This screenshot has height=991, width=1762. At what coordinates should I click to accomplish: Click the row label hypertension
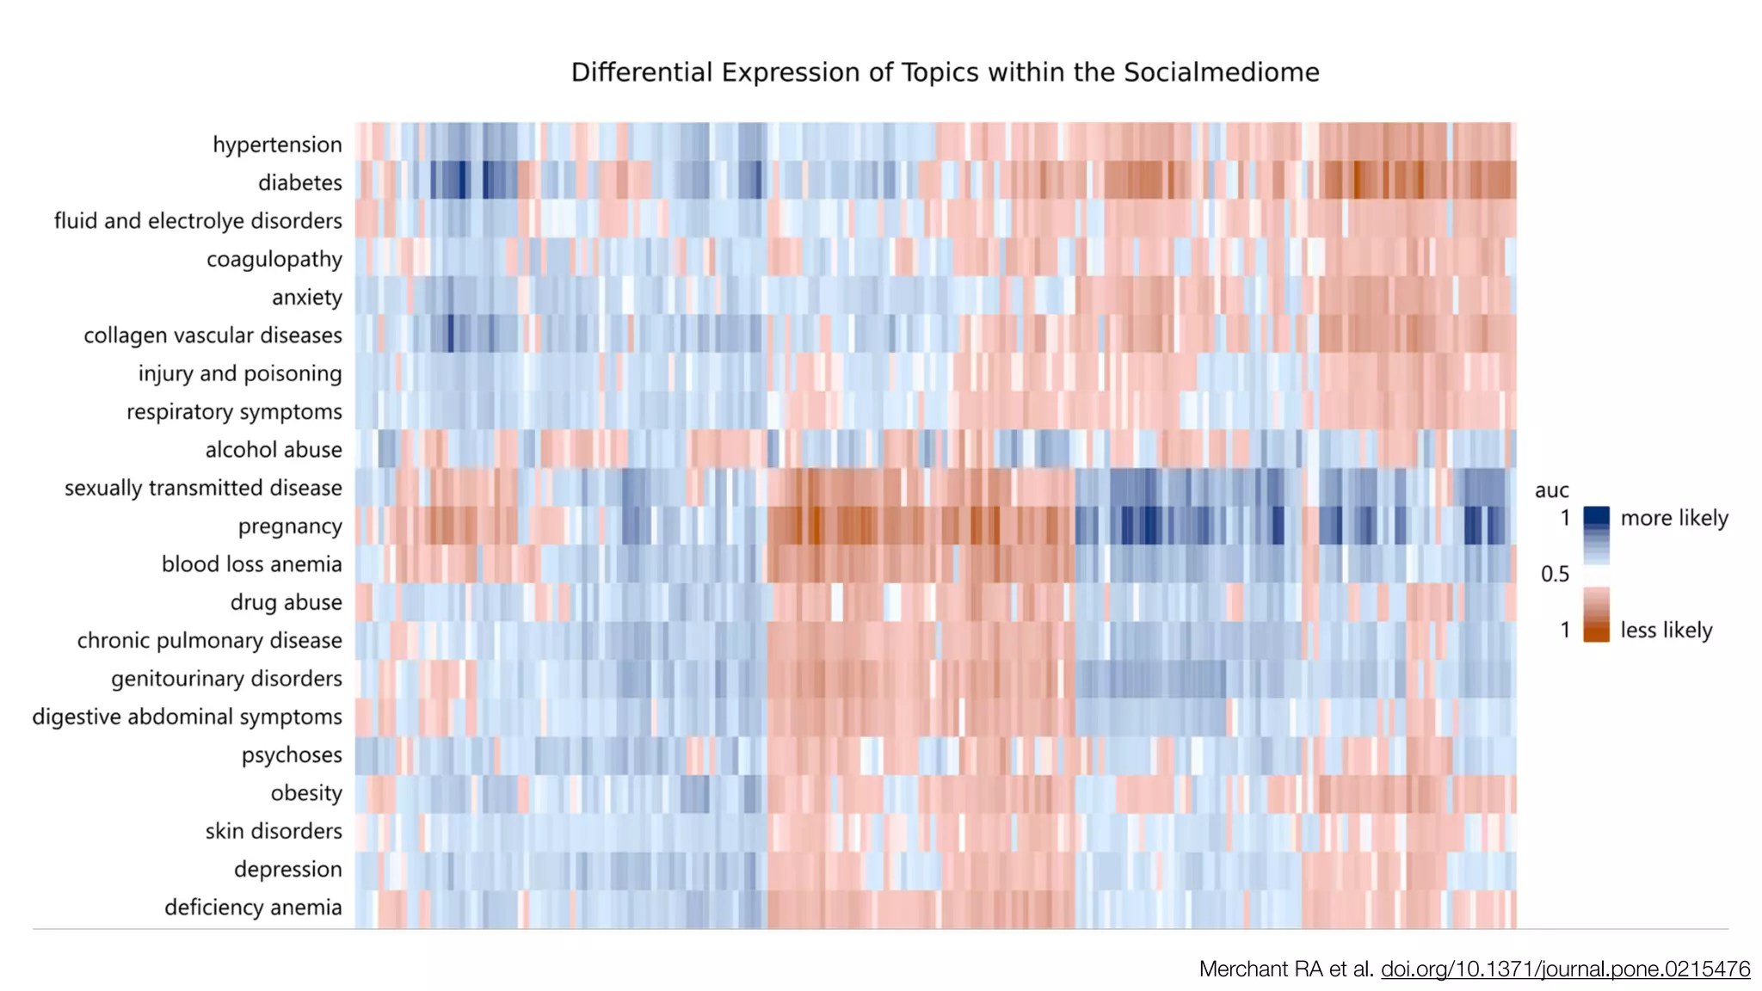(x=277, y=145)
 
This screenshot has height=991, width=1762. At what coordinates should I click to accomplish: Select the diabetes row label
(x=299, y=182)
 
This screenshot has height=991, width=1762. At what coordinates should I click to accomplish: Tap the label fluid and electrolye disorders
(x=198, y=221)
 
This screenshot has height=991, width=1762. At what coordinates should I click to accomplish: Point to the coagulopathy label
(x=274, y=259)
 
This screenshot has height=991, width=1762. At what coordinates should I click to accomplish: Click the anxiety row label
(x=306, y=298)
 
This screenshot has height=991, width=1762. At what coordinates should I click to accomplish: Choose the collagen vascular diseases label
(x=213, y=335)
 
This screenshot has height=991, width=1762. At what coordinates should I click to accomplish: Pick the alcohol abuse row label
(x=273, y=450)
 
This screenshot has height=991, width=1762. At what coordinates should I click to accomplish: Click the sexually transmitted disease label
(x=203, y=488)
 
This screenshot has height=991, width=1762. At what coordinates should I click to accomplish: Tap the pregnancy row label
(x=290, y=526)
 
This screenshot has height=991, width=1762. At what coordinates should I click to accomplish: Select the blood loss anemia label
(x=251, y=564)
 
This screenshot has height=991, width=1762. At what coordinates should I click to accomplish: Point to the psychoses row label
(x=292, y=755)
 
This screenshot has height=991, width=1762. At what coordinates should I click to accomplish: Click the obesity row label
(x=306, y=793)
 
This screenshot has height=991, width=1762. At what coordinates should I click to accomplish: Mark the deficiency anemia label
(x=253, y=908)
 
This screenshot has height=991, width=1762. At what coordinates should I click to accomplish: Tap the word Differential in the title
(x=642, y=72)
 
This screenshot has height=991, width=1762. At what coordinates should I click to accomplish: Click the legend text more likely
(x=1673, y=518)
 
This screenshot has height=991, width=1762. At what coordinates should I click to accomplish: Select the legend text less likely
(x=1666, y=630)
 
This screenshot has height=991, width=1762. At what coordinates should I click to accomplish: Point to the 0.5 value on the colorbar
(x=1555, y=574)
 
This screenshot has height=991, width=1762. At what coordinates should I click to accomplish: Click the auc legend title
(x=1551, y=490)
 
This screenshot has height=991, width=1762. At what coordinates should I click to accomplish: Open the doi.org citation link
(x=1565, y=969)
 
